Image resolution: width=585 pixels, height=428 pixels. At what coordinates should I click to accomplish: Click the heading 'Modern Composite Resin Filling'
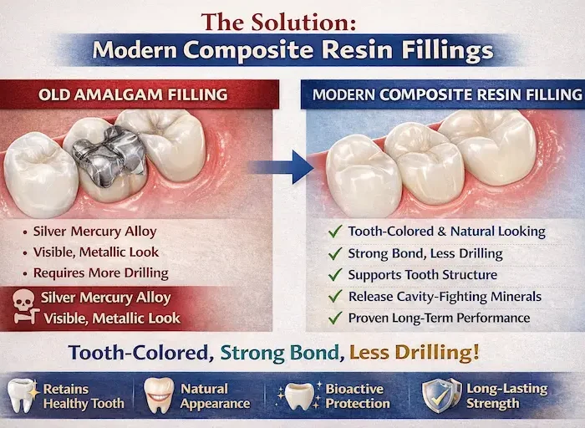[x=446, y=94]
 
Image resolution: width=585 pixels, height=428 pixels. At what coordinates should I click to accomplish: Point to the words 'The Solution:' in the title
[x=292, y=20]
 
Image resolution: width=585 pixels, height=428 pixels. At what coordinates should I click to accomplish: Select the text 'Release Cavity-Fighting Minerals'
[x=445, y=296]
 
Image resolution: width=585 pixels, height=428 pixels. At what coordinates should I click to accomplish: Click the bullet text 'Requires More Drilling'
[x=100, y=273]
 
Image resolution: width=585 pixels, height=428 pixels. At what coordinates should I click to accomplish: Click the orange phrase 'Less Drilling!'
[x=415, y=352]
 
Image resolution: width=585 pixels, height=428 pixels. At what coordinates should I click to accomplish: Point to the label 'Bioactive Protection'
[x=358, y=395]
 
